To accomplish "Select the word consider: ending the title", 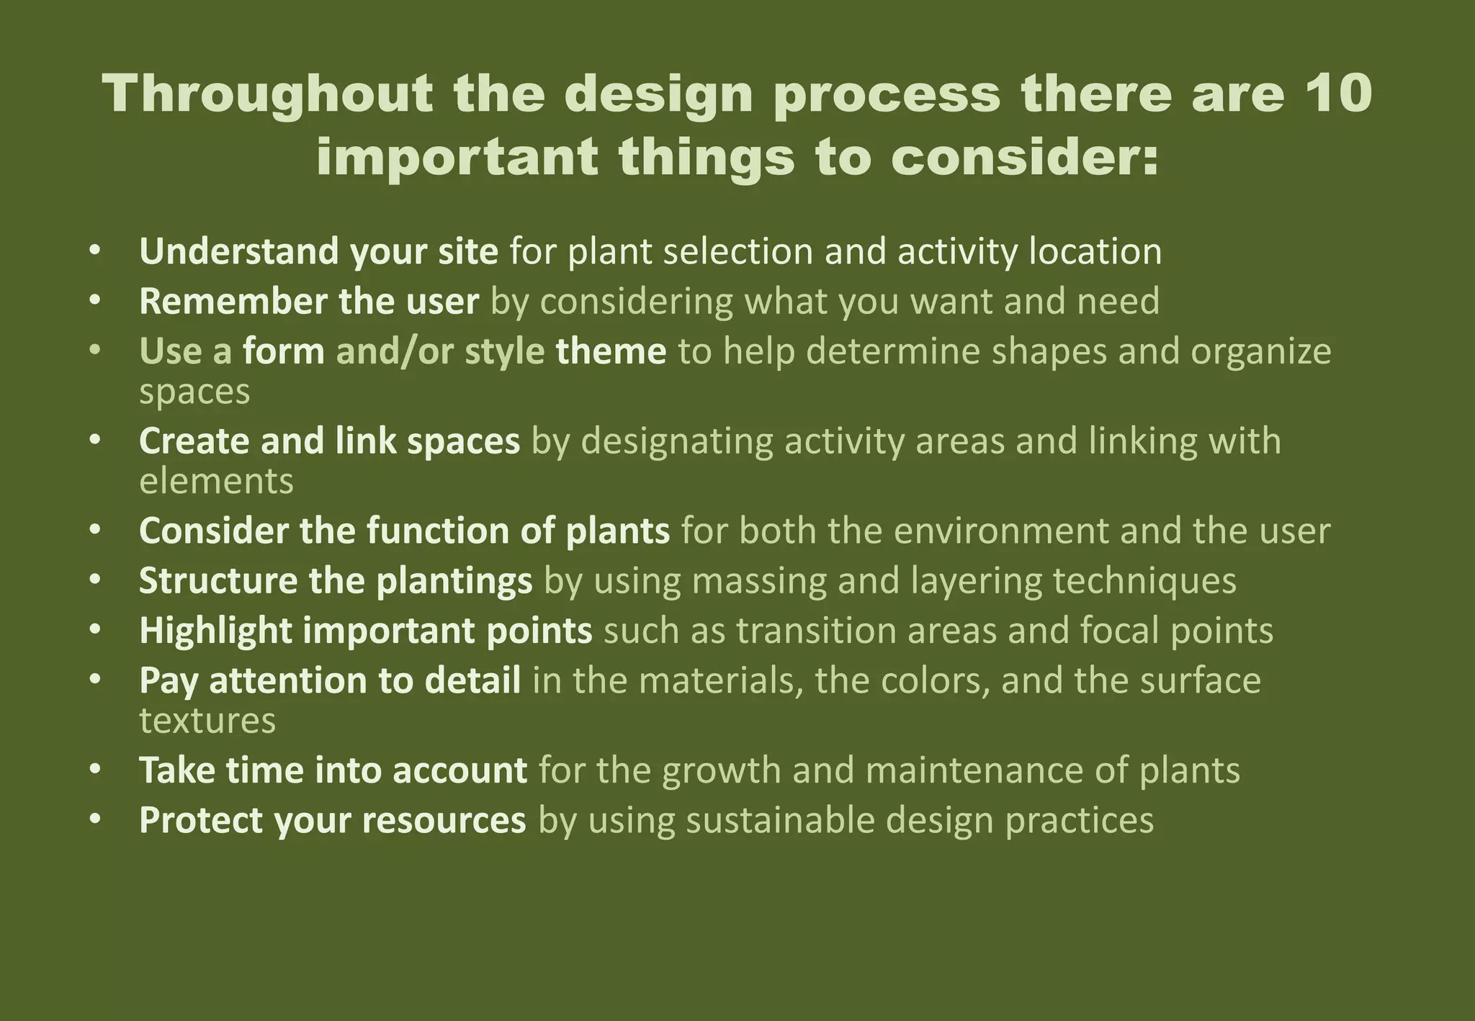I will (x=1024, y=158).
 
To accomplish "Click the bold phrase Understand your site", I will (x=318, y=252).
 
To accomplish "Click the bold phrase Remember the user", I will (x=308, y=302).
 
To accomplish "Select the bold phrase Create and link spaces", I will (x=329, y=441).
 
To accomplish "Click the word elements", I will (x=216, y=481).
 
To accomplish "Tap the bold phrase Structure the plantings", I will (x=336, y=581).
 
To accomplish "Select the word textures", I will (x=207, y=721).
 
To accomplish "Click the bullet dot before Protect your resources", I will (x=95, y=819).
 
